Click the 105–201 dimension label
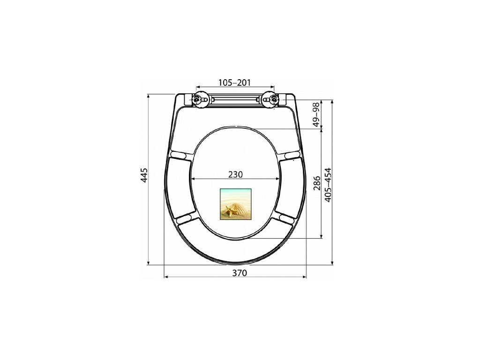pyautogui.click(x=234, y=82)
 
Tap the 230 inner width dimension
pyautogui.click(x=235, y=174)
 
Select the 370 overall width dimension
pyautogui.click(x=239, y=273)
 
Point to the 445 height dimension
pyautogui.click(x=144, y=175)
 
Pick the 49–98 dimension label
pyautogui.click(x=315, y=114)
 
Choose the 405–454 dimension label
pyautogui.click(x=328, y=185)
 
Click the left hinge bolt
pyautogui.click(x=196, y=99)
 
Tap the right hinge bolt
pyautogui.click(x=274, y=99)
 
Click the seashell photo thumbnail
pyautogui.click(x=235, y=204)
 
